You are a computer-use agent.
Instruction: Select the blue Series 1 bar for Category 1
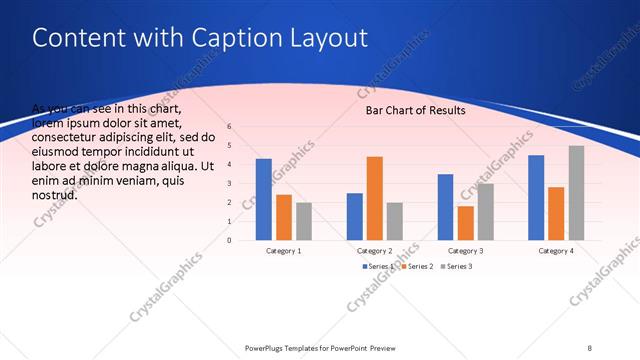[264, 199]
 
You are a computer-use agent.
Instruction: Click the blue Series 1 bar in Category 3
[446, 207]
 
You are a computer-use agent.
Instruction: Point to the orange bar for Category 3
[465, 223]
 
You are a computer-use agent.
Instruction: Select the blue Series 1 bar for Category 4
[536, 197]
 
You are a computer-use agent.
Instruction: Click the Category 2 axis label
[375, 250]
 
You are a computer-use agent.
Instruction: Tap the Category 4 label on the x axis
[556, 250]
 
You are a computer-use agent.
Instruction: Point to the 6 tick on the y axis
[229, 127]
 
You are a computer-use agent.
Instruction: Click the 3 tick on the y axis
[229, 184]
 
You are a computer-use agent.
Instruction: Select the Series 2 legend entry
[418, 266]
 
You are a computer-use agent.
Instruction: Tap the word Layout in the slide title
[329, 38]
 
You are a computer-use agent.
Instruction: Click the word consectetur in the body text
[64, 137]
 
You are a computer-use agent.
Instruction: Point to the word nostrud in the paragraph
[55, 194]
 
